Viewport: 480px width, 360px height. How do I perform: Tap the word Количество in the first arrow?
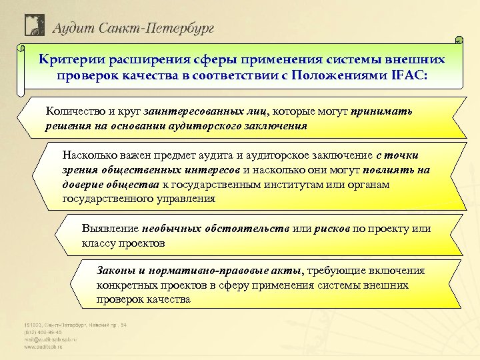(73, 111)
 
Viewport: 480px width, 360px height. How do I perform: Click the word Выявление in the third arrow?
(109, 229)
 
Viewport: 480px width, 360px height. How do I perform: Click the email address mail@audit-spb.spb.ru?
(51, 339)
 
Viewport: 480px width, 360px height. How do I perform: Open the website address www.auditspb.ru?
(45, 347)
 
